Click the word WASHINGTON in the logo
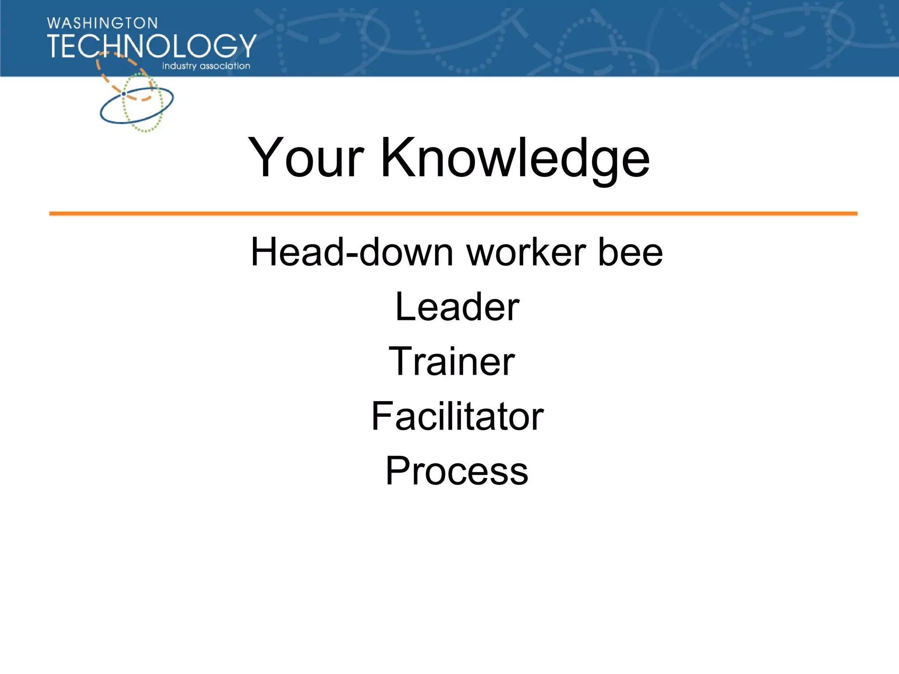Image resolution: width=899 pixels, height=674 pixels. tap(102, 23)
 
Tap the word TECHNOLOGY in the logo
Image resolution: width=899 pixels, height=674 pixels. tap(151, 46)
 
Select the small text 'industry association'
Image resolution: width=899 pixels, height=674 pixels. tap(206, 66)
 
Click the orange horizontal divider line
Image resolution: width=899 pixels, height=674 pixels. tap(453, 214)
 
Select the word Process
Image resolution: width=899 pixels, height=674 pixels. tap(457, 471)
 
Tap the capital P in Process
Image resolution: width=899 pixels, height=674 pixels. tap(398, 471)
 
